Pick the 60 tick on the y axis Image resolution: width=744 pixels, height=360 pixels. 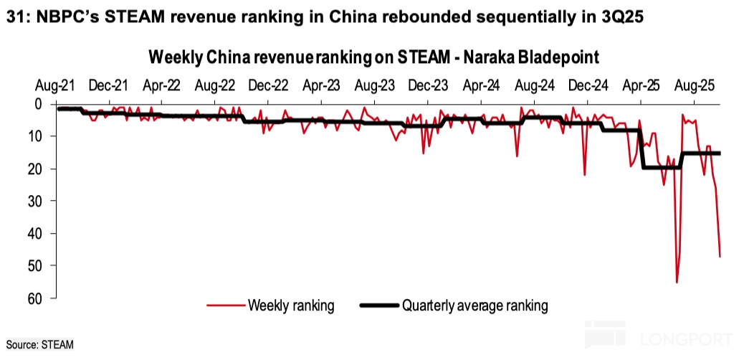point(42,298)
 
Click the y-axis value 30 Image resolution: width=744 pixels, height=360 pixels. point(42,201)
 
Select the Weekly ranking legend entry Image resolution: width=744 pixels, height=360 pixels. point(291,305)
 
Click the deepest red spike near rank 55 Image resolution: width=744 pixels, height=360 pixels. point(677,282)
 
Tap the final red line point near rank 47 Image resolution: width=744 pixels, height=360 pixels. point(720,256)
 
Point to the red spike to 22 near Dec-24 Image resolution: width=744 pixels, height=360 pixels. point(585,174)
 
